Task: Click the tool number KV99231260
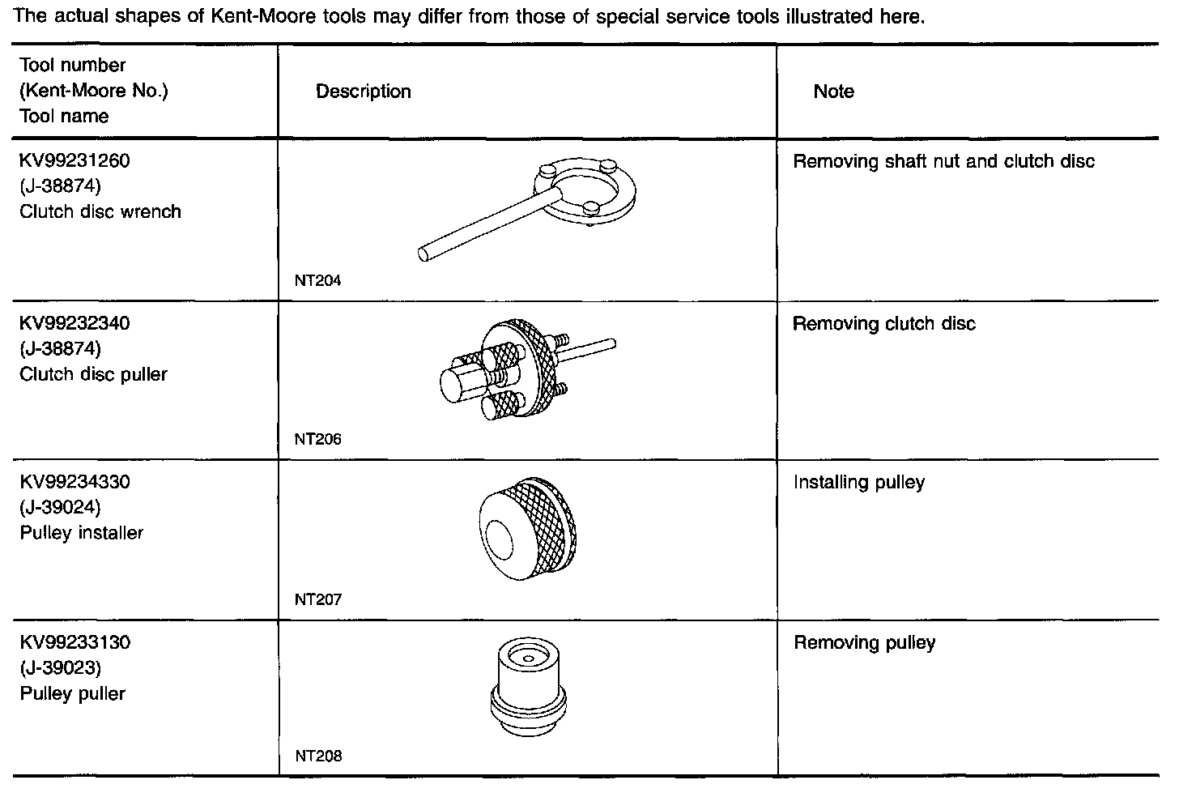pos(74,160)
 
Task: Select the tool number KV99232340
pos(74,323)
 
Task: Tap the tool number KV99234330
pos(74,482)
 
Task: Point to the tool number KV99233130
pos(74,642)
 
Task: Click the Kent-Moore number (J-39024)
pos(60,507)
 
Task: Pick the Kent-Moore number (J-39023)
pos(60,667)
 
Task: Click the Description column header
pos(363,92)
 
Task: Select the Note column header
pos(833,92)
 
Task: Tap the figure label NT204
pos(317,281)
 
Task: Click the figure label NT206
pos(317,440)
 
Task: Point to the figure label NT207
pos(317,599)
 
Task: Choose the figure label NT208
pos(317,757)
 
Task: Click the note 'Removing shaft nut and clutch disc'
pos(943,161)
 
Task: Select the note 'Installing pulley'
pos(858,483)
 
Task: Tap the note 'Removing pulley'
pos(864,643)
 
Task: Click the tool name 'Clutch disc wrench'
pos(100,211)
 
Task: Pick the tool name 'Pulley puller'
pos(73,693)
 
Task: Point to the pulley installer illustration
pos(528,530)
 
